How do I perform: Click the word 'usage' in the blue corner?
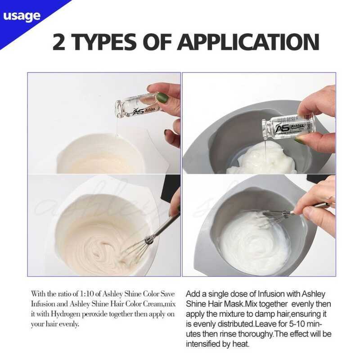point(22,16)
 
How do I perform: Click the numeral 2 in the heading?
point(59,42)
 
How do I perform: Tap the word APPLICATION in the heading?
point(248,42)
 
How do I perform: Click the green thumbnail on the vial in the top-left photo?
point(163,99)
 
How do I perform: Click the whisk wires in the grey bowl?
point(275,217)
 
